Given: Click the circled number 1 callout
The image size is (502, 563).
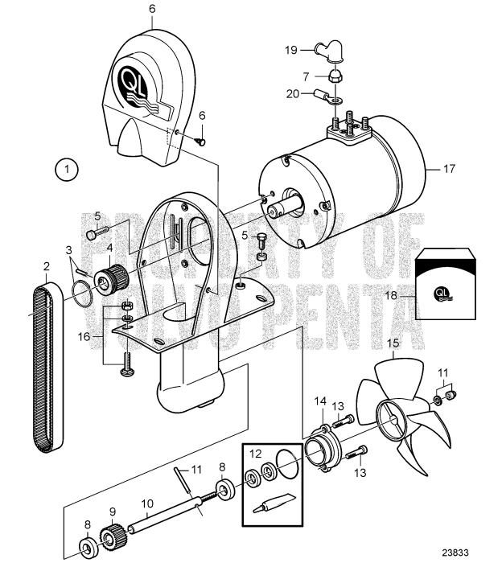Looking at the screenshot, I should click(68, 170).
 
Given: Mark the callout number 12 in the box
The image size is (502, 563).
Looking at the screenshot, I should click(255, 453).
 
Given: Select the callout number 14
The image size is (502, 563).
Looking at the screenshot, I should click(319, 400).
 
